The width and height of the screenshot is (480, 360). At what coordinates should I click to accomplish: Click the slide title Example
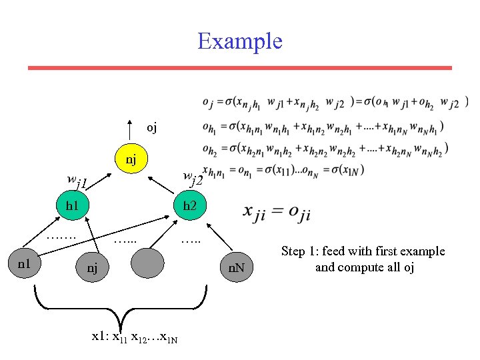click(240, 41)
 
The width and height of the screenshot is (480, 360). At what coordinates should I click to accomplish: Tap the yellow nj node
click(131, 159)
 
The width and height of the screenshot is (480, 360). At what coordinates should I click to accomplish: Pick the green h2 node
click(190, 205)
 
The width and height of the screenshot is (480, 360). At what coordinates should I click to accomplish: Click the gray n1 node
click(25, 263)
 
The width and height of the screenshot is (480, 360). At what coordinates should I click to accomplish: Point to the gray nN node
click(237, 268)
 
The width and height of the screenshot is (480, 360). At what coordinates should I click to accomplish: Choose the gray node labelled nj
click(92, 267)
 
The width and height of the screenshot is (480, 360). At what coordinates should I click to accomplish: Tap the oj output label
click(151, 127)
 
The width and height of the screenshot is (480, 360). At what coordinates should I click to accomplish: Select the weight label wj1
click(79, 180)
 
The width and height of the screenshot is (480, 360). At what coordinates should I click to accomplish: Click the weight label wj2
click(193, 178)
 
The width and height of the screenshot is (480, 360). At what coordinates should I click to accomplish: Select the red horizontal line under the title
click(239, 68)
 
